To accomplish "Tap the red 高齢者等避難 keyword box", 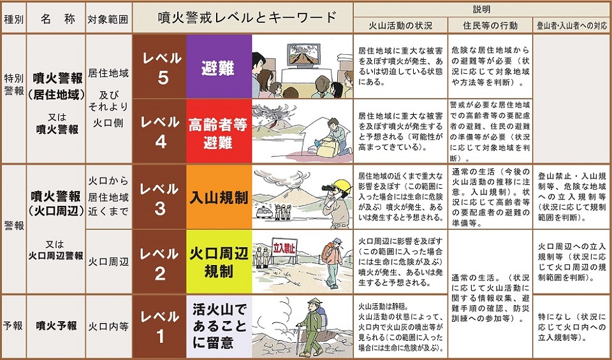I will coord(219,133).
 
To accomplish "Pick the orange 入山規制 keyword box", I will coord(219,198).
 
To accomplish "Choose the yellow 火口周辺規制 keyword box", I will coord(219,262).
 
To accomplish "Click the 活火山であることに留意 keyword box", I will coord(219,326).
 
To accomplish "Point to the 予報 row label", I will coord(13,326).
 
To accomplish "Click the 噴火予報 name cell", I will coord(56,326).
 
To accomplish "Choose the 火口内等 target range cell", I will coord(108,326).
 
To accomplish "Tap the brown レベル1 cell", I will coord(159,326).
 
